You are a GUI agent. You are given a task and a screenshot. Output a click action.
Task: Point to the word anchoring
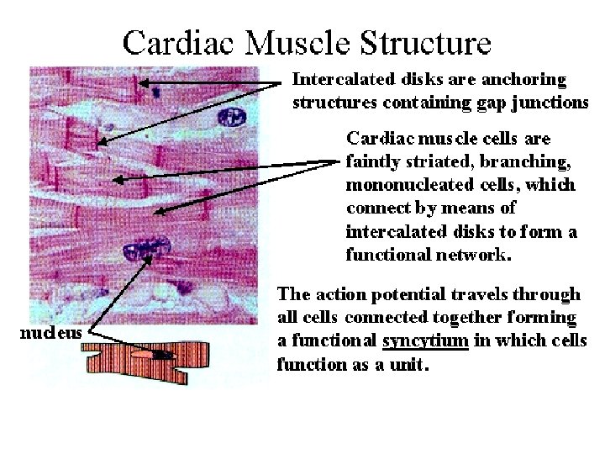(x=526, y=80)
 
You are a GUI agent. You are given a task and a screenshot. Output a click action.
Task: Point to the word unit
(x=412, y=366)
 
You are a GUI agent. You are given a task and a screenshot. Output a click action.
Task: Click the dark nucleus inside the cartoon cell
(x=165, y=355)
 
